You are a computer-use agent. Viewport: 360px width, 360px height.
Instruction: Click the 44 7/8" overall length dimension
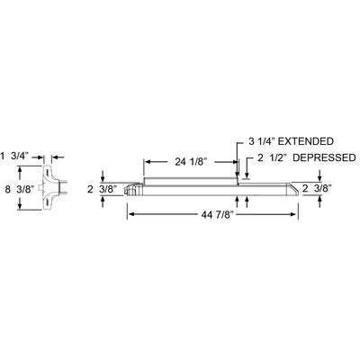pyautogui.click(x=216, y=214)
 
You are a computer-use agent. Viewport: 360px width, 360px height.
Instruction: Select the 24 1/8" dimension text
pyautogui.click(x=192, y=162)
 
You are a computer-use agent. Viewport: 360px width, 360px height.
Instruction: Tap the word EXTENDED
pyautogui.click(x=306, y=141)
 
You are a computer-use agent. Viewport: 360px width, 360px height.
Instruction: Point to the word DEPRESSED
pyautogui.click(x=324, y=157)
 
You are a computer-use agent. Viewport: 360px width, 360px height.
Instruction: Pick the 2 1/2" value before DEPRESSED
pyautogui.click(x=272, y=157)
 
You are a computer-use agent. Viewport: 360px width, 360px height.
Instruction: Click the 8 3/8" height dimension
pyautogui.click(x=20, y=190)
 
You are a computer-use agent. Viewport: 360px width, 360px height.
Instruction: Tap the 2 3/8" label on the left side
pyautogui.click(x=102, y=190)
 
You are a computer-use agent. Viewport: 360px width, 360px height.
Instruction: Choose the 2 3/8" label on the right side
pyautogui.click(x=317, y=189)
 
